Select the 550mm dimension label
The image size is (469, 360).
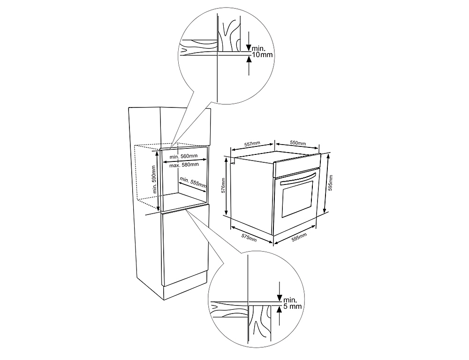(298, 143)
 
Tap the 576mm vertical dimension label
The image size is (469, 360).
(224, 185)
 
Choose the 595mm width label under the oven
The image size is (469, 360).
(298, 237)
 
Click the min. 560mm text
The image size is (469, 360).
(184, 156)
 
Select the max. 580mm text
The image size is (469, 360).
(184, 164)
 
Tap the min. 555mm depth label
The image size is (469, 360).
(193, 183)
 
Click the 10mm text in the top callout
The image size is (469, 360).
(262, 55)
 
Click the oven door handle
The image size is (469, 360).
(295, 177)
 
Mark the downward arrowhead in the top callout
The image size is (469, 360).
(249, 47)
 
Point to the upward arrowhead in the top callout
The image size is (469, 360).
(249, 58)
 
